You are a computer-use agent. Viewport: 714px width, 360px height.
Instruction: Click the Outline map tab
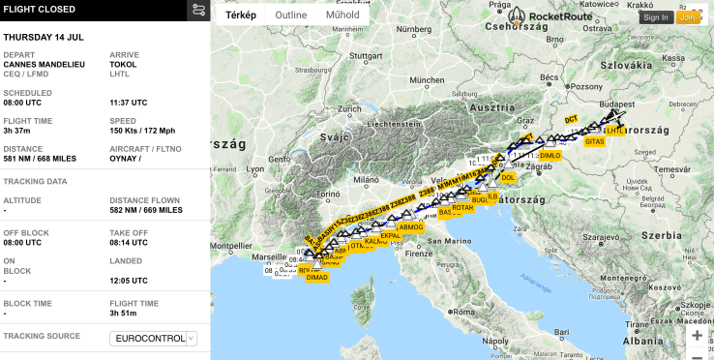point(290,15)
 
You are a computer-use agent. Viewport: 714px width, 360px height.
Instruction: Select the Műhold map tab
point(343,15)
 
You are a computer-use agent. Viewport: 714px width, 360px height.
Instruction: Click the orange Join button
point(688,17)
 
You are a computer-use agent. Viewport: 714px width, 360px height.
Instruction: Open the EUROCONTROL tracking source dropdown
point(154,339)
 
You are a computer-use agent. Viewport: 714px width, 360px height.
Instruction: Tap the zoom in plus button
point(697,335)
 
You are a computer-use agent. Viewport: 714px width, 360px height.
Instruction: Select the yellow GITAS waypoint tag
point(594,141)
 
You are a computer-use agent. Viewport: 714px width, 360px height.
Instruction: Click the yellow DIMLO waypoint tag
point(550,155)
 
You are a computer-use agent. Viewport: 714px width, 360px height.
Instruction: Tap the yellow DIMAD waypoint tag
point(316,277)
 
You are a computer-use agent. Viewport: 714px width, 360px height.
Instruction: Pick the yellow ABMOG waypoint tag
point(410,226)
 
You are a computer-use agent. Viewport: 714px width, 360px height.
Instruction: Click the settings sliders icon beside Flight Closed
point(198,11)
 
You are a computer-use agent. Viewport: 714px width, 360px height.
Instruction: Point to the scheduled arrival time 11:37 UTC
point(129,102)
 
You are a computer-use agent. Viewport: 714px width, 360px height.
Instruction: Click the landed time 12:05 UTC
point(129,281)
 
